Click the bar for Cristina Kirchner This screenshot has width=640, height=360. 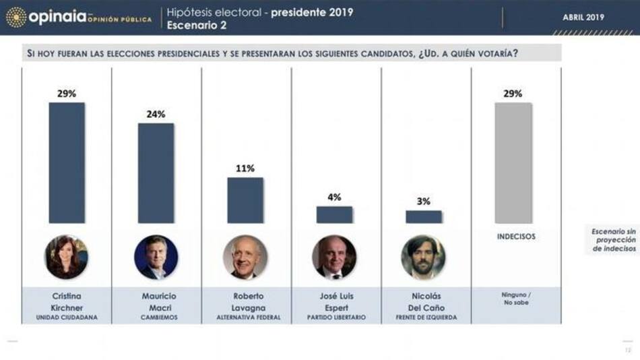(67, 162)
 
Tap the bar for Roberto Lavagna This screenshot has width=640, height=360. (245, 200)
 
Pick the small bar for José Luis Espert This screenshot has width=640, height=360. (334, 214)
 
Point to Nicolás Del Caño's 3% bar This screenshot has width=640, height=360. (424, 216)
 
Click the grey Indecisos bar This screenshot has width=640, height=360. (513, 162)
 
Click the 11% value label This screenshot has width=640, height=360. (245, 169)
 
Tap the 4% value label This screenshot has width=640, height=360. (334, 198)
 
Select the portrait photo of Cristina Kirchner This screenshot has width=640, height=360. (67, 257)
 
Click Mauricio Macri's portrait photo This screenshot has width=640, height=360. (156, 257)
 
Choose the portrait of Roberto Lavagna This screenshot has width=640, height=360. (245, 257)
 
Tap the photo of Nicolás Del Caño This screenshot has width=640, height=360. (424, 257)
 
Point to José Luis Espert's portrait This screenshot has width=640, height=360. (334, 257)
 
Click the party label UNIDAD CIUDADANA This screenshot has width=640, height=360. (67, 317)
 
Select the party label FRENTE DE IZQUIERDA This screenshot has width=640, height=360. (424, 317)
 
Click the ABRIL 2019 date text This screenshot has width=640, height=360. (583, 18)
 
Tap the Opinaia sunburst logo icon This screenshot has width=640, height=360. (15, 17)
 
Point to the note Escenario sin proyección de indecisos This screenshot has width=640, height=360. (613, 240)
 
